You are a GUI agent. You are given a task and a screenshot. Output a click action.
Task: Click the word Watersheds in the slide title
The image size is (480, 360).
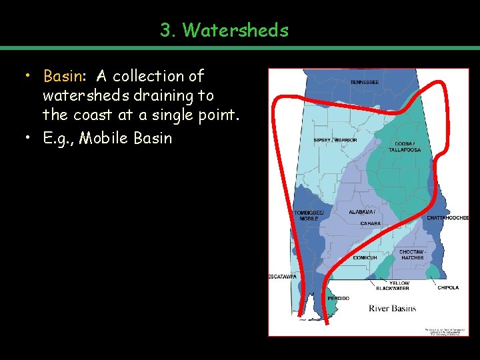coord(235,30)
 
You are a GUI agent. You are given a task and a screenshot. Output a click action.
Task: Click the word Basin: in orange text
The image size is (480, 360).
coord(65,76)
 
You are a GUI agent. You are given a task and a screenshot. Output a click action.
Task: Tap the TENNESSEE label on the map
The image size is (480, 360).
coord(365,82)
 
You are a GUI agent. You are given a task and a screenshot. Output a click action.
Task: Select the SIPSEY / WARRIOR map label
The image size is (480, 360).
coord(335,140)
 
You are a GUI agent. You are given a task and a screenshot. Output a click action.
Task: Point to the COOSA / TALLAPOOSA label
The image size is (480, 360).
coord(404,147)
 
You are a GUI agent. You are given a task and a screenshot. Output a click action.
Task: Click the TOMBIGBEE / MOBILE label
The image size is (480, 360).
coord(309,215)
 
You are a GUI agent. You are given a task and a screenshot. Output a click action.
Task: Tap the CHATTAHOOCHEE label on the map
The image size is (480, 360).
coord(448,218)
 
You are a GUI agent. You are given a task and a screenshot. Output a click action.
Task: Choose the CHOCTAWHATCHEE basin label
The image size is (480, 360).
coord(411,255)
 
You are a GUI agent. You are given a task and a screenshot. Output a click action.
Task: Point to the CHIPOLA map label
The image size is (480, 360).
coord(448,288)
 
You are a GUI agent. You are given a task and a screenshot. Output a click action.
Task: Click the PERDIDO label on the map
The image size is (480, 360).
coord(338,298)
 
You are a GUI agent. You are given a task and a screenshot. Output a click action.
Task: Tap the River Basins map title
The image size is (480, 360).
coord(392,308)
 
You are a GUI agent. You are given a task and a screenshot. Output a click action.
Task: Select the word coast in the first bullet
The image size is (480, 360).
coord(91,115)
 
